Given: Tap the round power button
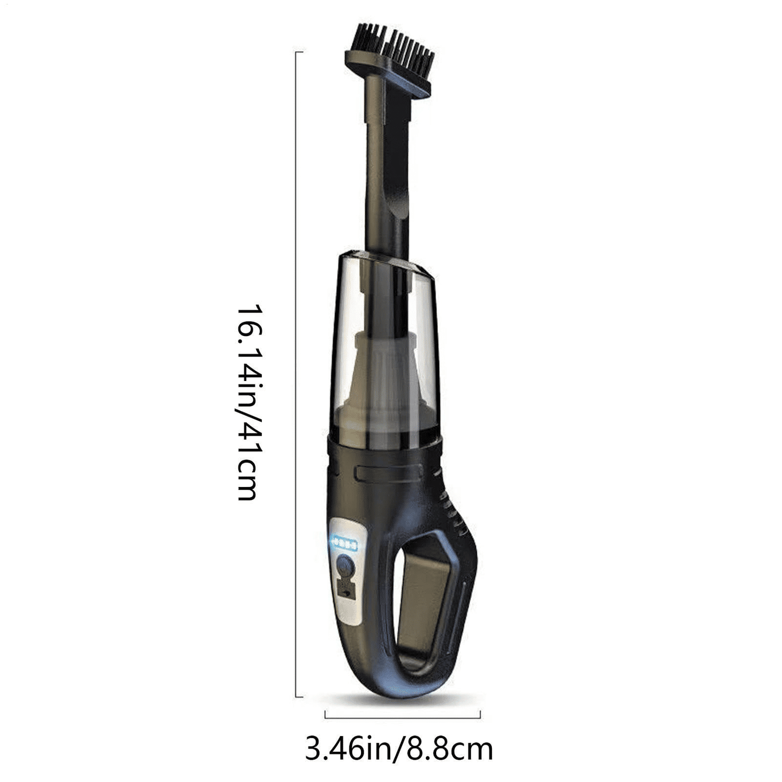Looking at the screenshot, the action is (345, 566).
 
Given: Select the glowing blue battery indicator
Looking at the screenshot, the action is (344, 543).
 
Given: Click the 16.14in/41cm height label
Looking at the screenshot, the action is (249, 402).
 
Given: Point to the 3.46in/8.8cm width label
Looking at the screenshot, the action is (399, 749).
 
